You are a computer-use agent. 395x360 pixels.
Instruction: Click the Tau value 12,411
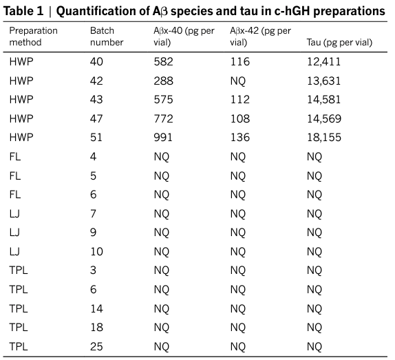(x=323, y=62)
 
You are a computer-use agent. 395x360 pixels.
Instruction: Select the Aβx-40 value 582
(x=164, y=62)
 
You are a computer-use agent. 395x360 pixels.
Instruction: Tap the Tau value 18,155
(x=324, y=138)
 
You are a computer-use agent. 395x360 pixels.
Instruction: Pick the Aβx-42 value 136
(x=240, y=138)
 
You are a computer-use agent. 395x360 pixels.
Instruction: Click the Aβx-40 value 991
(x=163, y=138)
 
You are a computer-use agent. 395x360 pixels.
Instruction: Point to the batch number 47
(x=96, y=118)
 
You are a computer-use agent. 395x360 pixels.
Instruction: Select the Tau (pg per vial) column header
(x=339, y=42)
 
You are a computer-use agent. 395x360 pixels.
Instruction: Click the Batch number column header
(x=107, y=36)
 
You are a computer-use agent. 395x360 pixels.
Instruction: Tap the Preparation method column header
(x=33, y=36)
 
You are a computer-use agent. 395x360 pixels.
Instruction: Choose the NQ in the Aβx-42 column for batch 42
(x=238, y=81)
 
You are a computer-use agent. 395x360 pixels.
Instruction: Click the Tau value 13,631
(x=323, y=81)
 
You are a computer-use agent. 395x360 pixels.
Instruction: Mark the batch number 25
(x=96, y=346)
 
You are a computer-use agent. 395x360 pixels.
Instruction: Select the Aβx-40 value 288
(x=164, y=81)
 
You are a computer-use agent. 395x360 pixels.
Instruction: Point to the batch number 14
(x=97, y=308)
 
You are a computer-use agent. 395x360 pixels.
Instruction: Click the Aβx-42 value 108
(x=240, y=118)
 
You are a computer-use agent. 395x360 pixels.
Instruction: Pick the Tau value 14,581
(x=323, y=100)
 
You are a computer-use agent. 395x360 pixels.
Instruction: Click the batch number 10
(x=97, y=251)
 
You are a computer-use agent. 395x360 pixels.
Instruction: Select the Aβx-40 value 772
(x=164, y=118)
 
